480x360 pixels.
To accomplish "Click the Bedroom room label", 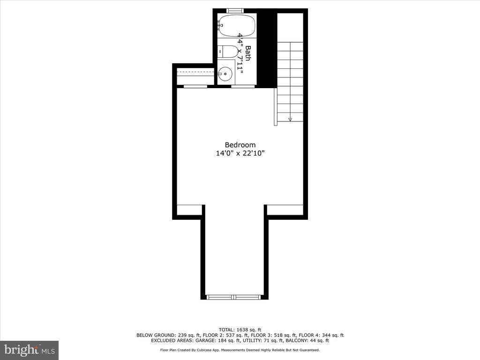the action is tap(240, 145).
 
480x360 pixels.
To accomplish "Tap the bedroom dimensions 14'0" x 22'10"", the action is tap(240, 153).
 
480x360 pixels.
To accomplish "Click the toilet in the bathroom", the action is tap(228, 52).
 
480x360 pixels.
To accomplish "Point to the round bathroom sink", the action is tap(226, 74).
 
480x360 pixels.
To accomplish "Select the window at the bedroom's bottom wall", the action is tap(234, 297).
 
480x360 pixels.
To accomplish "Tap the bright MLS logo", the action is tap(30, 350).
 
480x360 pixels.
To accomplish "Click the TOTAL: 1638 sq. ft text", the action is tap(240, 330).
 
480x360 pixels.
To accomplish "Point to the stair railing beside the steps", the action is tap(276, 106).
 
